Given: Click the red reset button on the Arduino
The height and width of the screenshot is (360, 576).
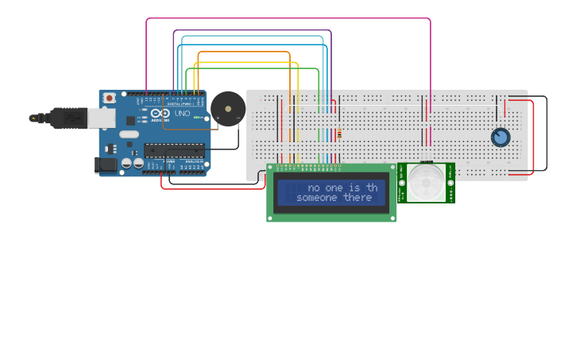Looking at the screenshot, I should tap(109, 98).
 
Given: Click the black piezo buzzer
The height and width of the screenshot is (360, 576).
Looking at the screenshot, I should tap(227, 108).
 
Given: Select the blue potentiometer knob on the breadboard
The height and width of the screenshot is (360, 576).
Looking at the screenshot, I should tap(500, 137).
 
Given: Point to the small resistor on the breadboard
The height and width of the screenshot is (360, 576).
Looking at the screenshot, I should tap(339, 134).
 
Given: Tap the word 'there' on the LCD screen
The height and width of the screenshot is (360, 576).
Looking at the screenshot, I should tap(358, 198).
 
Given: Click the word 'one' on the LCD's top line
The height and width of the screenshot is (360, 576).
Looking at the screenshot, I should tap(327, 188).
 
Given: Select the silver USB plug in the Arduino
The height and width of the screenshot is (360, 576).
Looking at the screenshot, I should tap(100, 118).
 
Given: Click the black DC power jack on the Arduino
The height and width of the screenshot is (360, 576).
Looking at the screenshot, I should tap(105, 165).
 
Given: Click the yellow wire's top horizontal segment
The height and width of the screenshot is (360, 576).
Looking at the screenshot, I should tap(246, 62).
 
